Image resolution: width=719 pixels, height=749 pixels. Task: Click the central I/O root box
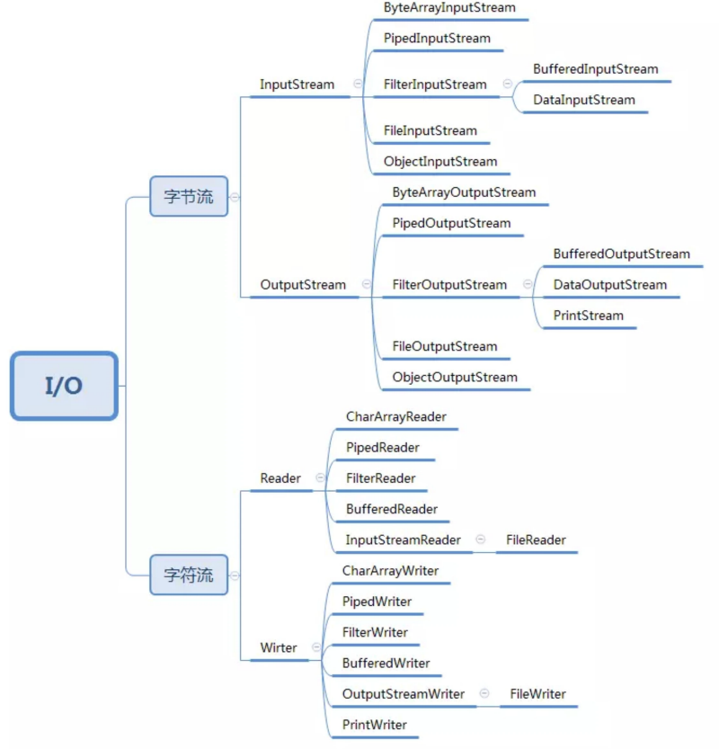point(64,386)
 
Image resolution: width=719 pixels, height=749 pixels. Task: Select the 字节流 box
point(189,196)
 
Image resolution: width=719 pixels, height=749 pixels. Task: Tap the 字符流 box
point(189,575)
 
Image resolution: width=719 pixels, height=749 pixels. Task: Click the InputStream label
point(297,85)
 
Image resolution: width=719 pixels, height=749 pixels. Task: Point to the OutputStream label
point(303,285)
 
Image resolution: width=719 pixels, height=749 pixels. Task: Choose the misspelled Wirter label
point(279,647)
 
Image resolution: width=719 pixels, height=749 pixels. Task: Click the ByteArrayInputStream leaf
point(449,7)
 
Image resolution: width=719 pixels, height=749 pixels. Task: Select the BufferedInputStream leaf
point(595,69)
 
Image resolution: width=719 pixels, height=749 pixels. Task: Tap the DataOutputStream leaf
point(609,285)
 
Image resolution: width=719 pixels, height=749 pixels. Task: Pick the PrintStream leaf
point(588,316)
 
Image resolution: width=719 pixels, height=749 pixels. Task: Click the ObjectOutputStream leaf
point(455,378)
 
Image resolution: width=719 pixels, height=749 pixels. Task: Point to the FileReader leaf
point(536,540)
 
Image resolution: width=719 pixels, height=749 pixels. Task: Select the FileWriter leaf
point(537,694)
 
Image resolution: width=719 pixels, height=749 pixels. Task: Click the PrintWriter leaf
point(374,725)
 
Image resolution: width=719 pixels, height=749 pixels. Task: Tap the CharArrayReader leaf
point(395,417)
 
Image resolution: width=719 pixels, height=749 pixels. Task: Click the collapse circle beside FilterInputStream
point(508,84)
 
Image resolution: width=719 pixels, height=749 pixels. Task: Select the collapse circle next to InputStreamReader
point(481,539)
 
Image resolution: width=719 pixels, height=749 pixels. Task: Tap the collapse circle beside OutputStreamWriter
point(484,693)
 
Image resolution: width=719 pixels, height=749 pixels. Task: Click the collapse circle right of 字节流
point(235,197)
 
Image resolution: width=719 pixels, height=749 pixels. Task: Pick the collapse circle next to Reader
point(320,477)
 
